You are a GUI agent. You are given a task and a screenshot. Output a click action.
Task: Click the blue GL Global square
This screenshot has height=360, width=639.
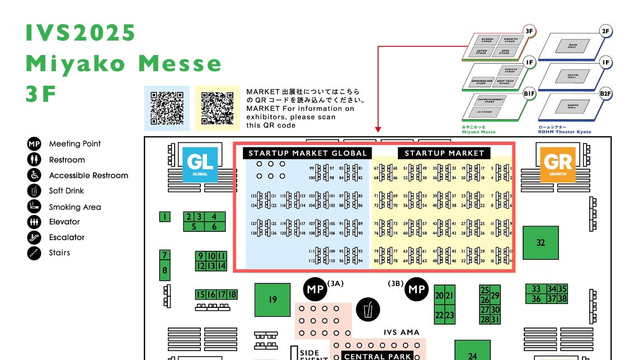pyautogui.click(x=200, y=164)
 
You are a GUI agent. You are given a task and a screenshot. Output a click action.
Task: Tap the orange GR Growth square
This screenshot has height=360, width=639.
pyautogui.click(x=557, y=164)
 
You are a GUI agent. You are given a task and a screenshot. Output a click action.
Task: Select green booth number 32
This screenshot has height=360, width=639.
pyautogui.click(x=540, y=242)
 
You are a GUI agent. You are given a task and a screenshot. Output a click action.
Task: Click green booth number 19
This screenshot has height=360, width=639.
pyautogui.click(x=272, y=300)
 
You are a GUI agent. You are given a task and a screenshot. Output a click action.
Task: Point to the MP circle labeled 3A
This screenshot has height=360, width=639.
pyautogui.click(x=316, y=289)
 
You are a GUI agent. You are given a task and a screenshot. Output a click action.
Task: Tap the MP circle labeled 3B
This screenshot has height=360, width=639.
pyautogui.click(x=416, y=289)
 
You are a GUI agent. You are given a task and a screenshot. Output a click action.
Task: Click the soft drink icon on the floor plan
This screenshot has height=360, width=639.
pyautogui.click(x=368, y=309)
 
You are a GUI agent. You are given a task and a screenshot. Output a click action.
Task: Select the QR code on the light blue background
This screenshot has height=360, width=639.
pyautogui.click(x=167, y=108)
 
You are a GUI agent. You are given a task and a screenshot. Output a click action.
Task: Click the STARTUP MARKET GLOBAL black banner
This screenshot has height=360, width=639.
pyautogui.click(x=307, y=153)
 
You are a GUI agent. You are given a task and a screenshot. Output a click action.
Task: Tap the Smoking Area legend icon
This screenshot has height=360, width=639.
pyautogui.click(x=34, y=207)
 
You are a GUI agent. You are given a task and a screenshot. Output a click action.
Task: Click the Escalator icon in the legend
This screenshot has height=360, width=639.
pyautogui.click(x=34, y=237)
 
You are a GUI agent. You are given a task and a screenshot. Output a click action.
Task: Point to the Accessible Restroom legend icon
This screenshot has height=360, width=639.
pyautogui.click(x=34, y=175)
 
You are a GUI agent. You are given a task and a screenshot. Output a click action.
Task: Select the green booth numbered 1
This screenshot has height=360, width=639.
pyautogui.click(x=165, y=217)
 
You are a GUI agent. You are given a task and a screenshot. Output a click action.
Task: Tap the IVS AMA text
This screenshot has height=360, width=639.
pyautogui.click(x=402, y=333)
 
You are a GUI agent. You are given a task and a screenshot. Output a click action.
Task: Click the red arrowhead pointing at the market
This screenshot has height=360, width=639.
pyautogui.click(x=378, y=128)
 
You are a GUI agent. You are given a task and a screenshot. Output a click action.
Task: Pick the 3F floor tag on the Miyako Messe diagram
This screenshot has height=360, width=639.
pyautogui.click(x=529, y=31)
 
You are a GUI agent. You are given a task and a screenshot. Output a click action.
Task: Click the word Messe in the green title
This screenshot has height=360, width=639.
pyautogui.click(x=180, y=64)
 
